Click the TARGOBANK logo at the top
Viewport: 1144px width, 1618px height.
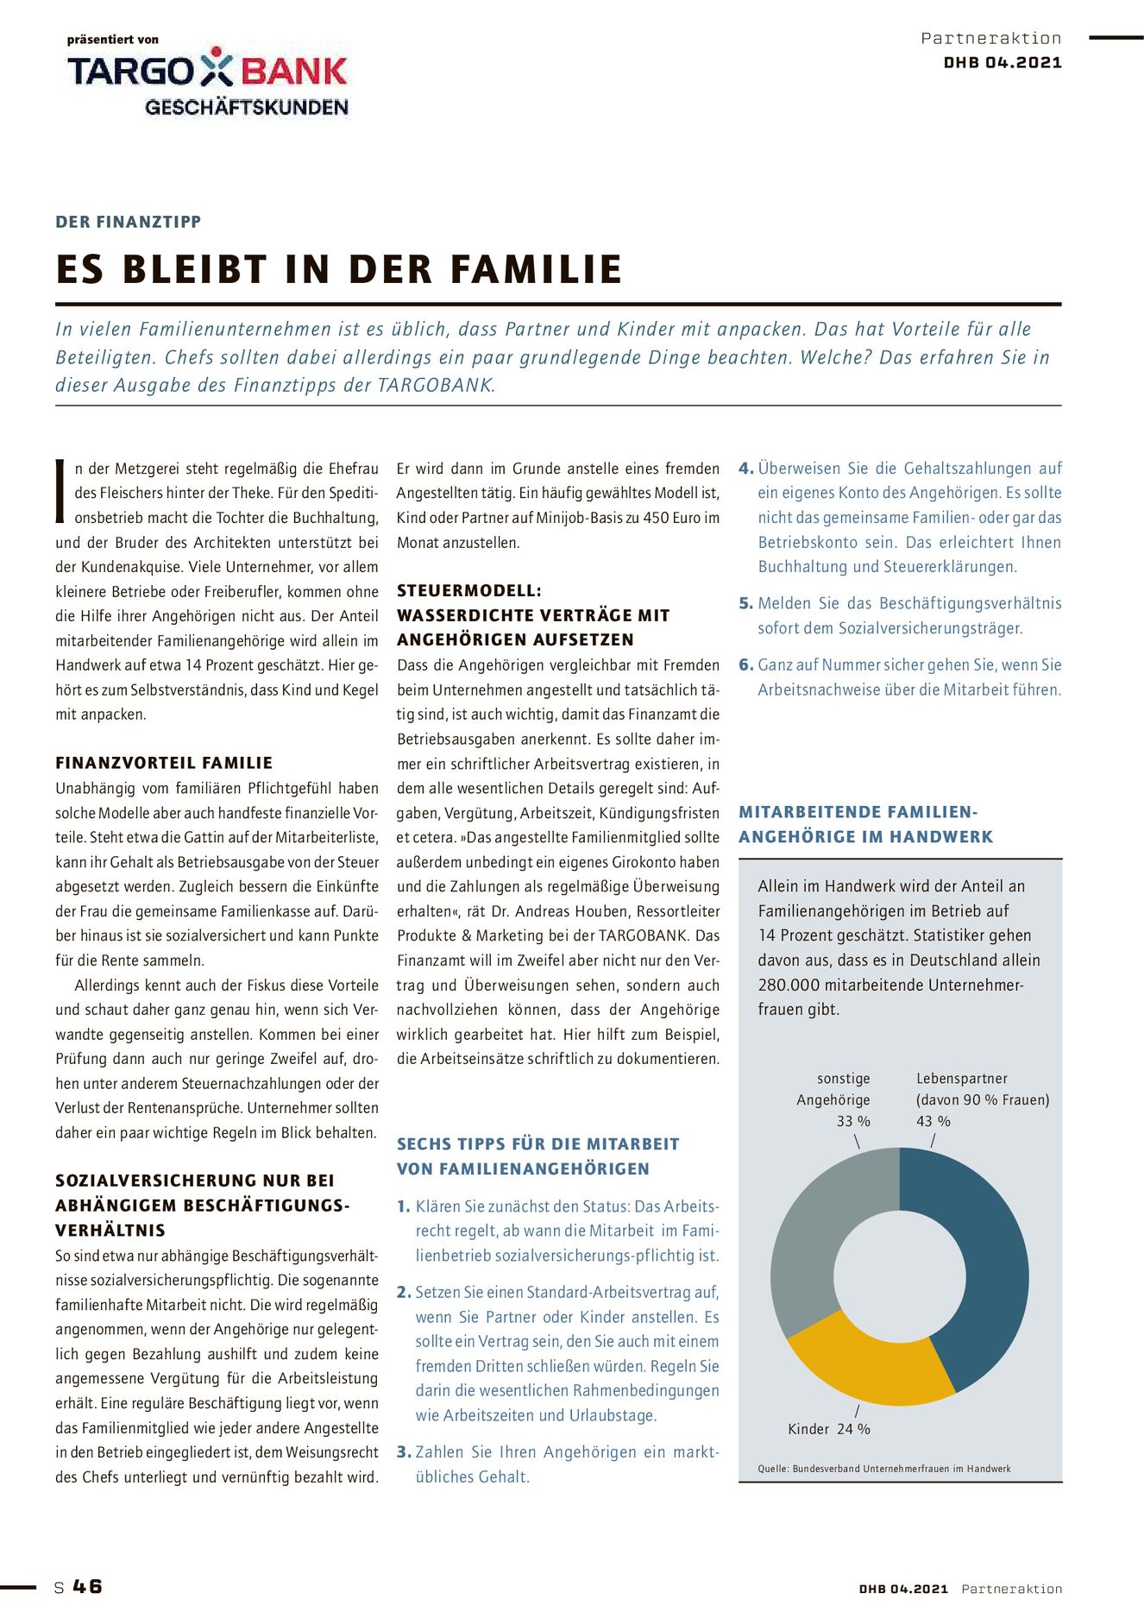click(x=208, y=79)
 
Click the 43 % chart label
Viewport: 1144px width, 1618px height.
click(x=933, y=1121)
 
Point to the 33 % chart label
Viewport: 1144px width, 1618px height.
click(x=852, y=1121)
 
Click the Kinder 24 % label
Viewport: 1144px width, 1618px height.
click(x=828, y=1429)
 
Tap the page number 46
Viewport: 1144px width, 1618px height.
click(x=87, y=1586)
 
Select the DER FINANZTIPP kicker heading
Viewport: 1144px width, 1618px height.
click(x=129, y=222)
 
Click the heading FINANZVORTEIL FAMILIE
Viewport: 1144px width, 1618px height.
click(x=164, y=763)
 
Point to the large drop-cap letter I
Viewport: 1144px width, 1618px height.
click(x=60, y=492)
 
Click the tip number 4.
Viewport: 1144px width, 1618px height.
click(x=745, y=469)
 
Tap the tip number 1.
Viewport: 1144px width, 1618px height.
click(x=403, y=1206)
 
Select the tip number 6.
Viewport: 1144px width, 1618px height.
click(x=745, y=665)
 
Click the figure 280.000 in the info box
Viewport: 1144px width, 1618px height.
click(x=789, y=985)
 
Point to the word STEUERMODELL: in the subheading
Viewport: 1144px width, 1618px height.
click(x=469, y=591)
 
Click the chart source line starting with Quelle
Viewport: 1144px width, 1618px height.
click(x=884, y=1468)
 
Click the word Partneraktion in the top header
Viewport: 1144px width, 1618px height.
click(x=991, y=38)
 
